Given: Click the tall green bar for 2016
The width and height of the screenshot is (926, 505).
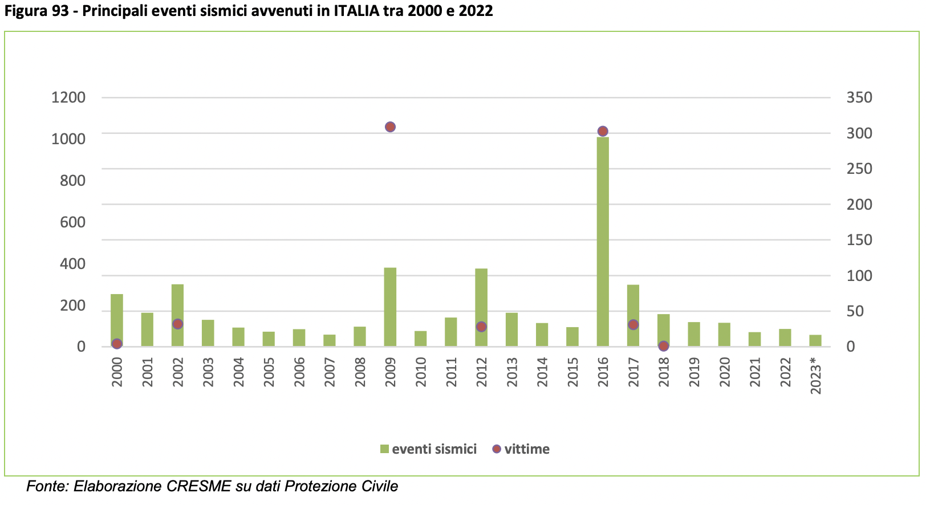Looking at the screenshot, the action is (603, 241).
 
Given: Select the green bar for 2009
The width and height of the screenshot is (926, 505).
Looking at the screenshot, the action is (390, 307).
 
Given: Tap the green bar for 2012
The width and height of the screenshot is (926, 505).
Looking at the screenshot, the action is (481, 307).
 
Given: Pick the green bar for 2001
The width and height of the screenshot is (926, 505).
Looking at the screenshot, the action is (147, 329).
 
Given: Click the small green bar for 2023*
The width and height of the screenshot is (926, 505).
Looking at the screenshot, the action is (815, 340).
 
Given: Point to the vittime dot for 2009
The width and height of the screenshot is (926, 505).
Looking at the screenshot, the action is (390, 127).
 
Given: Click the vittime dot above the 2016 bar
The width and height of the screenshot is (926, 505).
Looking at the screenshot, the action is (603, 132).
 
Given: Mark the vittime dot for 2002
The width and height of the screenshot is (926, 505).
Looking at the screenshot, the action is (178, 324).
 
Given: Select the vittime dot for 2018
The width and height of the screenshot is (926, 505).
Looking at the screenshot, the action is (664, 346).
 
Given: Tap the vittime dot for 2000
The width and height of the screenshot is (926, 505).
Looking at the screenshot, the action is (117, 344).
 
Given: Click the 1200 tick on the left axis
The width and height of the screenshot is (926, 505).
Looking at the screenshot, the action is (68, 97).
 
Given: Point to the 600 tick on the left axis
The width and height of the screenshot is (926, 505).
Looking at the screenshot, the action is (72, 222).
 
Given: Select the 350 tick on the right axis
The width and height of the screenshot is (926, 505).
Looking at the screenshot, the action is (859, 97).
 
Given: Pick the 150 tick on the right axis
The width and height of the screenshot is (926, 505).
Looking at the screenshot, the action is (859, 240).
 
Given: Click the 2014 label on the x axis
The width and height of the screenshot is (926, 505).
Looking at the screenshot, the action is (542, 372).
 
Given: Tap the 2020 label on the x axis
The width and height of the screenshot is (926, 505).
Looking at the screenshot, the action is (724, 372).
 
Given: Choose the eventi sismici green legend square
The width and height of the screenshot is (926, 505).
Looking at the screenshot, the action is (384, 449).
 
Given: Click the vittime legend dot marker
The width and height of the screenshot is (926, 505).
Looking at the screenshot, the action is (497, 449).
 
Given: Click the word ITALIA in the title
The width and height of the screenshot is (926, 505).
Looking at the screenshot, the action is (356, 11).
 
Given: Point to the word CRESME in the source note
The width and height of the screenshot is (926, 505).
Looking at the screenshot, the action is (198, 486).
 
